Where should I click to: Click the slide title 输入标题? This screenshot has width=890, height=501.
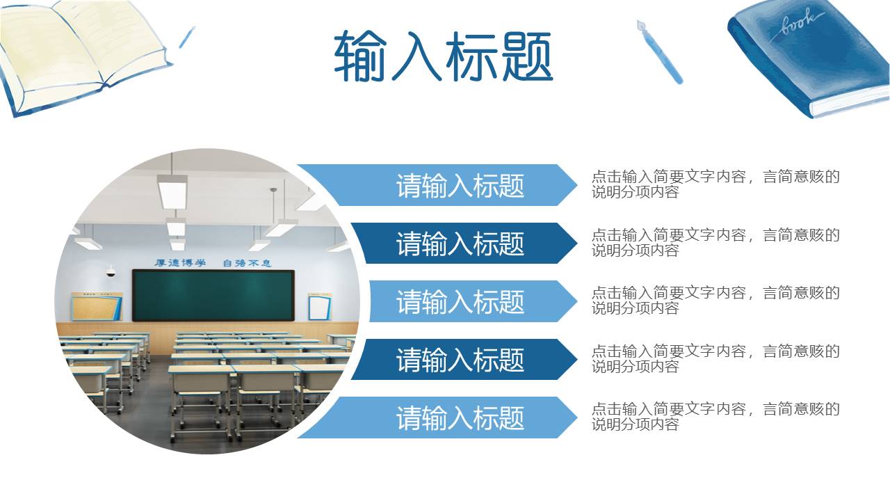(x=444, y=56)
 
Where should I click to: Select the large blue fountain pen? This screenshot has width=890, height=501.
(x=660, y=51)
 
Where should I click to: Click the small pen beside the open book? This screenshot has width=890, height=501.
(x=187, y=37)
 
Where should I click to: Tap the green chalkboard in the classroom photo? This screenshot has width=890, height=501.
(x=213, y=295)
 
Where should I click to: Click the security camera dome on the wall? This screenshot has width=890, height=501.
(x=111, y=272)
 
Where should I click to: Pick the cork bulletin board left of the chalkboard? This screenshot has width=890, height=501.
(x=97, y=306)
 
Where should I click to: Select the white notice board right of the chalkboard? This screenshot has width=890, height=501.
(x=319, y=306)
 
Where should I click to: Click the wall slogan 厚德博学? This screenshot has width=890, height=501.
(x=180, y=263)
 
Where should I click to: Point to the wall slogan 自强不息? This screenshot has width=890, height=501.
(x=247, y=263)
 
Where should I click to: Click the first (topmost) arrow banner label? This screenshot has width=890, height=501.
(x=460, y=186)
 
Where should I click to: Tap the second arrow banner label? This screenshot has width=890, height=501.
(x=460, y=244)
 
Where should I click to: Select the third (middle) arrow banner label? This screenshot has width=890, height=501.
(x=460, y=301)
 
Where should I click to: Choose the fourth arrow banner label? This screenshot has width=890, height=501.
(x=460, y=360)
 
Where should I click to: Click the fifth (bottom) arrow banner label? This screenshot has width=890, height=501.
(x=460, y=417)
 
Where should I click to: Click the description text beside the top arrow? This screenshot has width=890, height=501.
(x=715, y=184)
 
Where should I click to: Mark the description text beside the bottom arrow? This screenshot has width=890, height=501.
(x=715, y=416)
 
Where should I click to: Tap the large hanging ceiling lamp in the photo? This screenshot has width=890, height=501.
(x=172, y=191)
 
